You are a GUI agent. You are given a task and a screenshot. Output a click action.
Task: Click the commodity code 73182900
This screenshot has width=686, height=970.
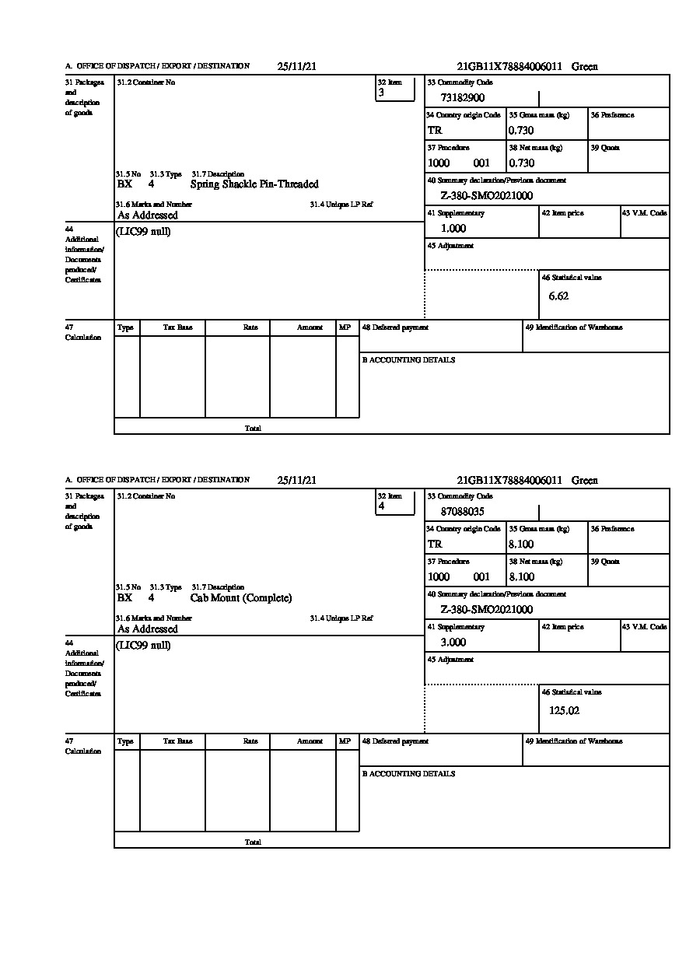point(462,98)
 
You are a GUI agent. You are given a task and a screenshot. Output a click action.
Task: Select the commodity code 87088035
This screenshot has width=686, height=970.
point(462,512)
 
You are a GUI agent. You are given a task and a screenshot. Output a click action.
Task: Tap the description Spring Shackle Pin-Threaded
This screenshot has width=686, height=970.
point(254,184)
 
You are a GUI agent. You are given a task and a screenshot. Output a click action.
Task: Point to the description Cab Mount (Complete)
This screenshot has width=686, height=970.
point(241,598)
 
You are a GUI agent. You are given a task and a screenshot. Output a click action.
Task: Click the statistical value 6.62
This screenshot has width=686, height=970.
point(558,296)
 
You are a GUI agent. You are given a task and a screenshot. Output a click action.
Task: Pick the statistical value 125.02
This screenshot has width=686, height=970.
point(564,710)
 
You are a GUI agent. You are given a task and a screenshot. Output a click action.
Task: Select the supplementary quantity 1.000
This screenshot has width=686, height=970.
point(453,229)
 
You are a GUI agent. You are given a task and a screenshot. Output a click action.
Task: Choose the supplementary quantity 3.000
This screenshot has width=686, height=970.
point(453,643)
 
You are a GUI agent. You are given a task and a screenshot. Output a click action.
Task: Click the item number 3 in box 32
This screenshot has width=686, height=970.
point(381,93)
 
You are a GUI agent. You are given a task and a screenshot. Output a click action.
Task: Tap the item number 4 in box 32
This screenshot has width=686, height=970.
point(381,506)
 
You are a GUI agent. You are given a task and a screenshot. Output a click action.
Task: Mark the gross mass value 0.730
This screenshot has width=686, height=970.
point(521,131)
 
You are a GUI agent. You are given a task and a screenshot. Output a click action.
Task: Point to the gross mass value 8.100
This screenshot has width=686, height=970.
point(521,545)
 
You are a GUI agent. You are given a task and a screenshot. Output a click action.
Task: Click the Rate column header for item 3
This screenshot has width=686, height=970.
point(250,327)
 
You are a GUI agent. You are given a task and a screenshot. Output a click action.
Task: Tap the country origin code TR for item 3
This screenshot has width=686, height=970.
point(435,131)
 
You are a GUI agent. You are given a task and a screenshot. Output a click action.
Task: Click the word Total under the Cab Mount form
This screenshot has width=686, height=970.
point(253,842)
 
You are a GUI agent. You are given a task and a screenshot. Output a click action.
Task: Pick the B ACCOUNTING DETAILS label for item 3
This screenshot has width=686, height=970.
point(408,360)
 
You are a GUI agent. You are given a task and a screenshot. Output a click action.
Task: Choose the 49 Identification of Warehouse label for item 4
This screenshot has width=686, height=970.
point(573,741)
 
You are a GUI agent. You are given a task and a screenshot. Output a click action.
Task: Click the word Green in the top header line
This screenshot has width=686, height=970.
point(585,67)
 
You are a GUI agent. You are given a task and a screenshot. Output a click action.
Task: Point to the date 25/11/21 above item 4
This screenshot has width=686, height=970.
point(296,481)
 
